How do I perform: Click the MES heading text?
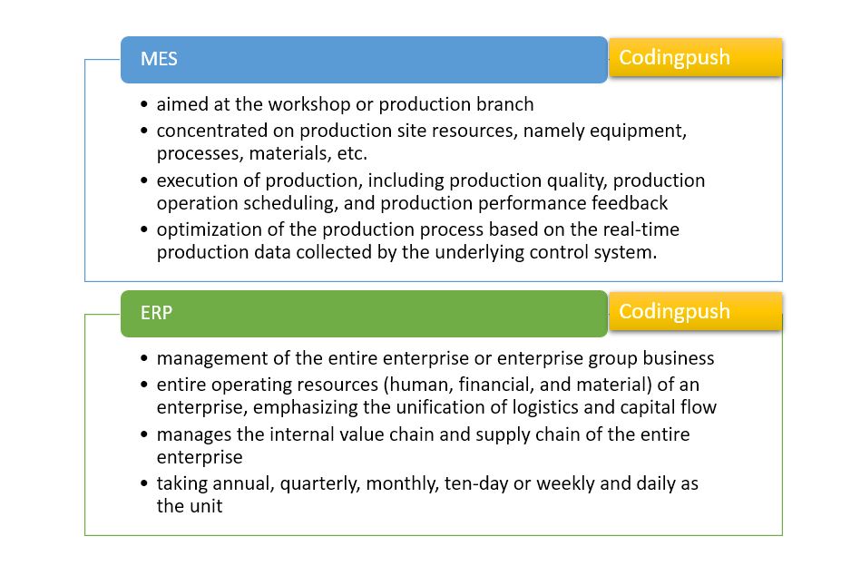159,60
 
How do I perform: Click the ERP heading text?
156,313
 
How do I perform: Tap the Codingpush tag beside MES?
674,58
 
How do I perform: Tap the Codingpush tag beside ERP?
674,311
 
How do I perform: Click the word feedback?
627,202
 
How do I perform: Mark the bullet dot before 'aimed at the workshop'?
146,105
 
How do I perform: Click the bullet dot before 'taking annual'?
146,484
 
